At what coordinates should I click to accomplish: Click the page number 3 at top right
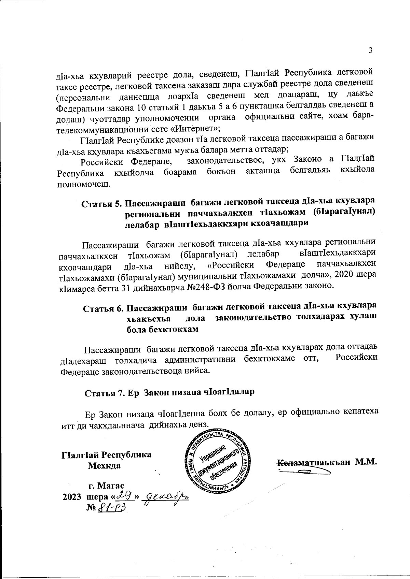tap(370, 51)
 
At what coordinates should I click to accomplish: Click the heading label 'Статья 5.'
tap(101, 204)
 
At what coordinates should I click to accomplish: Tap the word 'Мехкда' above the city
tap(104, 465)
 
